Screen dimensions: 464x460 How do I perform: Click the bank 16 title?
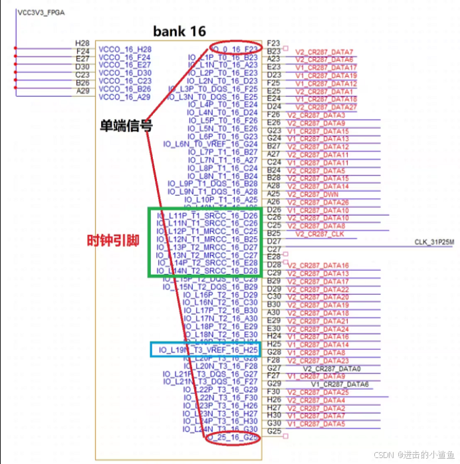[x=179, y=31]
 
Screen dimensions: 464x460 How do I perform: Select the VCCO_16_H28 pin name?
[x=125, y=49]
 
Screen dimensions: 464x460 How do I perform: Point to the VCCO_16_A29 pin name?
[x=125, y=97]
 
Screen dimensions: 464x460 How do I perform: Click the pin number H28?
[x=82, y=42]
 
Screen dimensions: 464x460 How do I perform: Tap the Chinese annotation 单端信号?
[x=126, y=125]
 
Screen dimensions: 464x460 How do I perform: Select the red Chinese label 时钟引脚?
[x=114, y=240]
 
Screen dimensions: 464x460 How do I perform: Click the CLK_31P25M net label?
[x=433, y=242]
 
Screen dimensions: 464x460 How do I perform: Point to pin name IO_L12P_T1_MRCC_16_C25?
[x=207, y=231]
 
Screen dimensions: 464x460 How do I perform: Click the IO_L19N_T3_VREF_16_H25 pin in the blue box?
[x=207, y=350]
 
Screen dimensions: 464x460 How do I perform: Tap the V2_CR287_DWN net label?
[x=318, y=194]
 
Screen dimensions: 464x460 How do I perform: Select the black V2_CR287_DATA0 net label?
[x=332, y=368]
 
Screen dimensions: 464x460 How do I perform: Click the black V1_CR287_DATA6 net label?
[x=340, y=384]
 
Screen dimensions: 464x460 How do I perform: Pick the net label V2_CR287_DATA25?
[x=318, y=392]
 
